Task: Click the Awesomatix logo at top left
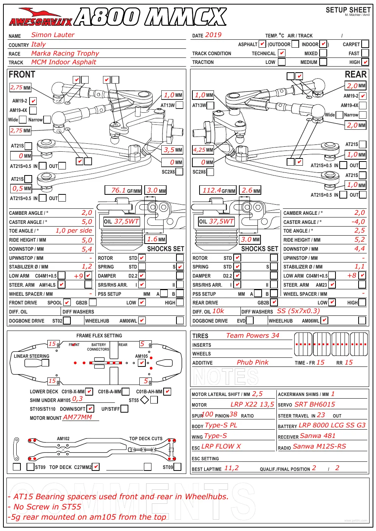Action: click(41, 17)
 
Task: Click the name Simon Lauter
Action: click(53, 35)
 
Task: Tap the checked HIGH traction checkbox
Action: click(365, 62)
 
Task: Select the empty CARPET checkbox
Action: click(365, 44)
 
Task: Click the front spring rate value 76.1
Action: click(118, 190)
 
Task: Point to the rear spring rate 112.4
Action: click(212, 190)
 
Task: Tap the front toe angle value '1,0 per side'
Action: click(74, 230)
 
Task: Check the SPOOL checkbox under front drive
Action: click(67, 302)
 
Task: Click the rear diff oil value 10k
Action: click(218, 311)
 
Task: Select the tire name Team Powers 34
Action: click(253, 335)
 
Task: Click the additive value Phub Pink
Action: click(253, 362)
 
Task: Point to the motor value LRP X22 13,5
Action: click(252, 404)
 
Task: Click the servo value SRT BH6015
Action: click(315, 404)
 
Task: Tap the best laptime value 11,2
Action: click(231, 468)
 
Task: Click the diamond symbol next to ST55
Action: click(145, 400)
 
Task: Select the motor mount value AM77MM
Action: click(77, 417)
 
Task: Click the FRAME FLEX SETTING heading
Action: click(99, 336)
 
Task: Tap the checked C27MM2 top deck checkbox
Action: click(95, 467)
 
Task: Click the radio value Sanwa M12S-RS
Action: click(319, 446)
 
